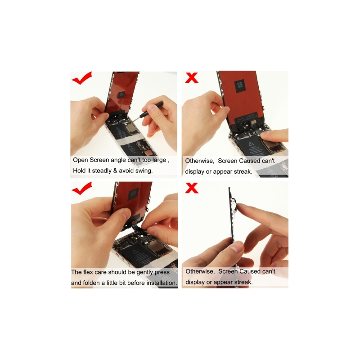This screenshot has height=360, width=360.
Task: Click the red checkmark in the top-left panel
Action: click(81, 78)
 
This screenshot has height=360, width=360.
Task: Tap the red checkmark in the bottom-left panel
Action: click(81, 189)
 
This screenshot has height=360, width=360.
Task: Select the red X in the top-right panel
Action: click(192, 77)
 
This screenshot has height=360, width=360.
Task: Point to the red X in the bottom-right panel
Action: click(192, 188)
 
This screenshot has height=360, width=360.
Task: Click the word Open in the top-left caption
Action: click(81, 160)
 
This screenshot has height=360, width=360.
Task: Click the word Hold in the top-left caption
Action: click(79, 171)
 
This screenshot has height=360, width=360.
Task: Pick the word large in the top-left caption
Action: click(159, 160)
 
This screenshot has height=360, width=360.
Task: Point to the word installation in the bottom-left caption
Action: click(162, 283)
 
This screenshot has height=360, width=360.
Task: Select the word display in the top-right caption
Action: click(194, 172)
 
